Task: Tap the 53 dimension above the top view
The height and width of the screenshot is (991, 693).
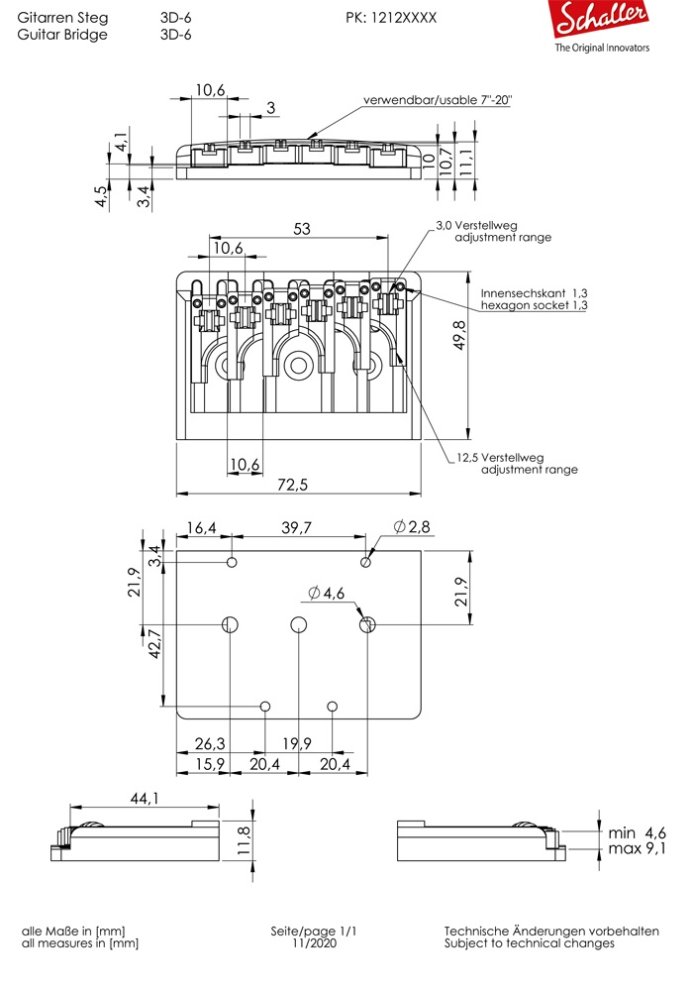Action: pyautogui.click(x=302, y=229)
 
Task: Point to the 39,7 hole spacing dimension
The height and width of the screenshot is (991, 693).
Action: pyautogui.click(x=296, y=528)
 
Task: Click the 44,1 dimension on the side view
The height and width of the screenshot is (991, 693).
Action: pyautogui.click(x=145, y=798)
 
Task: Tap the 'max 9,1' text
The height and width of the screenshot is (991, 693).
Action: pyautogui.click(x=638, y=849)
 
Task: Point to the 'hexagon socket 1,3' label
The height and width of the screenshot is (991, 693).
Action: pyautogui.click(x=535, y=307)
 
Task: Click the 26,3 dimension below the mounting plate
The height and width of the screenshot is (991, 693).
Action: pyautogui.click(x=209, y=743)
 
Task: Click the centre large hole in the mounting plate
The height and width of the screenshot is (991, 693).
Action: pyautogui.click(x=298, y=625)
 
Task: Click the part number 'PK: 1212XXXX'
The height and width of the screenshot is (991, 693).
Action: pyautogui.click(x=391, y=18)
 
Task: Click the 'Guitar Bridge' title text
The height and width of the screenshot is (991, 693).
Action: pyautogui.click(x=62, y=34)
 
